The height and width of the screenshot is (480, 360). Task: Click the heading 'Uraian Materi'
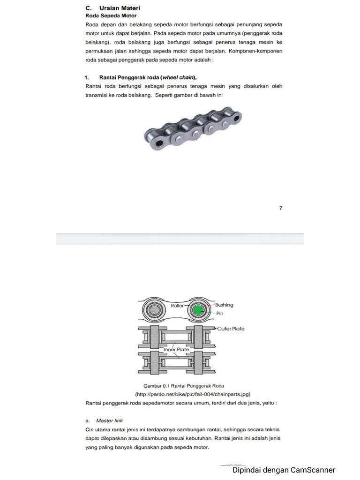120,8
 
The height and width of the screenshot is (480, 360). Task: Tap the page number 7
281,208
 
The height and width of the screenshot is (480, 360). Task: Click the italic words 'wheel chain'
178,77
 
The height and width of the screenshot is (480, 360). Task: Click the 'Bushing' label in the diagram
224,305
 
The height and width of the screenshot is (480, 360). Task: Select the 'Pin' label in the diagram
219,313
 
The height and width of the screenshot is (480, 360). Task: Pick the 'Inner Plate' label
176,350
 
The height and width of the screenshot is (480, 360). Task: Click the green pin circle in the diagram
197,310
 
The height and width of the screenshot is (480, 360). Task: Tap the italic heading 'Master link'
109,420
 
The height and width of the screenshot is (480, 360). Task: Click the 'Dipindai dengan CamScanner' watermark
284,470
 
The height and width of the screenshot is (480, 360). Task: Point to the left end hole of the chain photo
157,142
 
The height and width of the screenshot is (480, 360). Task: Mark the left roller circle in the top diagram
156,310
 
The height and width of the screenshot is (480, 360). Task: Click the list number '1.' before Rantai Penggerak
87,77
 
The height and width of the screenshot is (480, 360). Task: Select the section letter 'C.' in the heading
88,8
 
